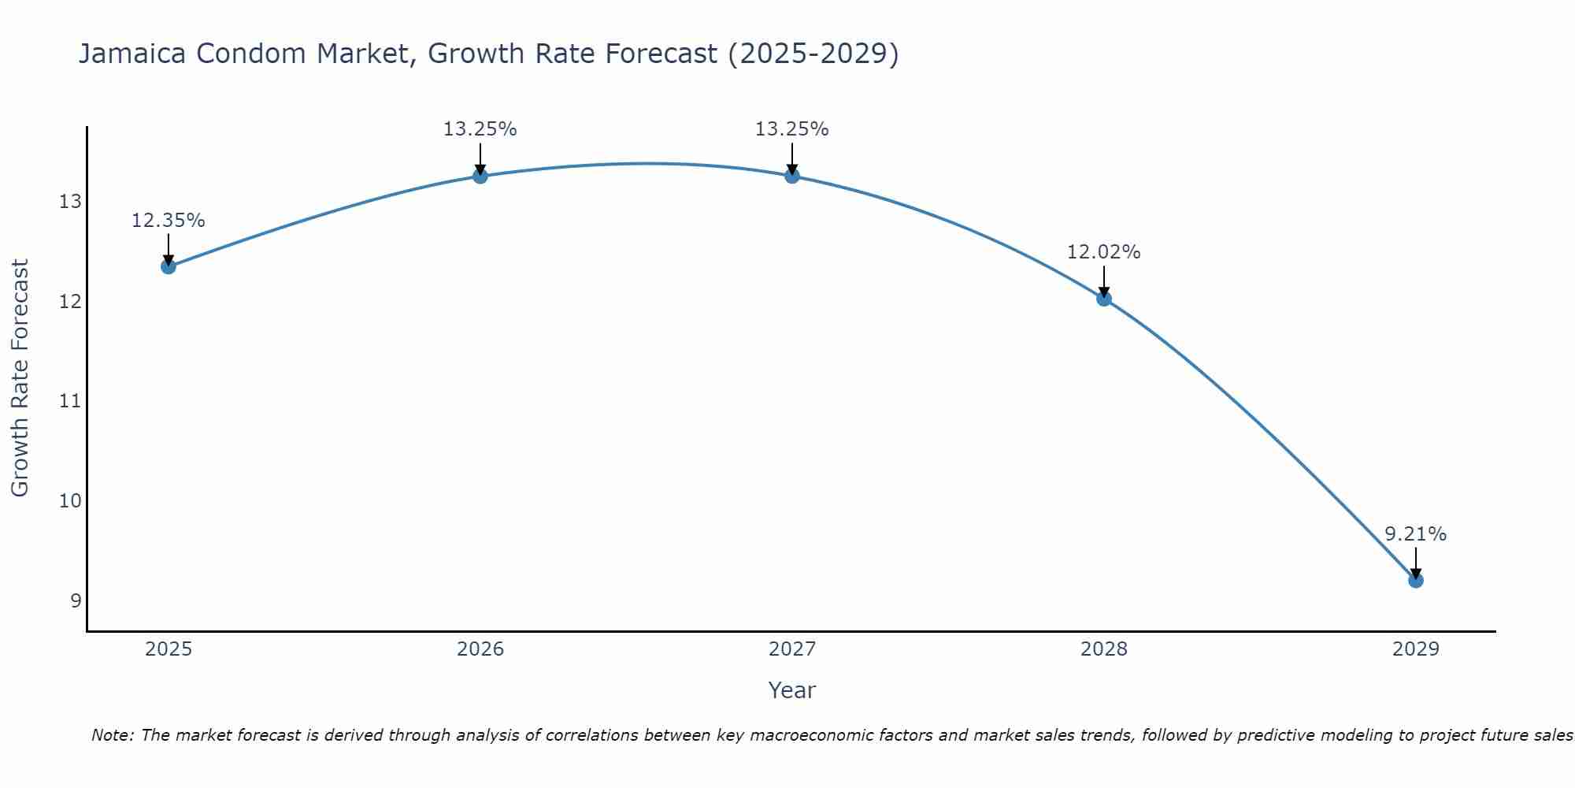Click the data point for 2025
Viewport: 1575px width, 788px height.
coord(168,266)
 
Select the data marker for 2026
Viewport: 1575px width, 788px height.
coord(480,176)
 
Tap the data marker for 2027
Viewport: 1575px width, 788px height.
coord(791,176)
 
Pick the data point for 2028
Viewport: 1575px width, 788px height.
coord(1103,299)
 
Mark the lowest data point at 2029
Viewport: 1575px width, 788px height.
coord(1415,581)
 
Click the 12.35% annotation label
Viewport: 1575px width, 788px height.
coord(168,221)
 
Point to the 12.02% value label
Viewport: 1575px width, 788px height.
coord(1103,252)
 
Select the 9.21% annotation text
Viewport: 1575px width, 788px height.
coord(1415,534)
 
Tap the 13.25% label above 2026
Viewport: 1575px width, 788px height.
coord(480,129)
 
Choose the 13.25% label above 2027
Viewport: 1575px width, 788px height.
coord(791,129)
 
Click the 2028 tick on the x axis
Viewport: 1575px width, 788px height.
coord(1103,649)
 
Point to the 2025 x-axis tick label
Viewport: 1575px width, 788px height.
coord(169,649)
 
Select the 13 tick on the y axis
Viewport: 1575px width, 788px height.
coord(70,202)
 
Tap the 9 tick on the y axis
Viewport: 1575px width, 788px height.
coord(76,601)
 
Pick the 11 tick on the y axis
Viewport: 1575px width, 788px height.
coord(70,401)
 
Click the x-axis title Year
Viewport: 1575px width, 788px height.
coord(791,690)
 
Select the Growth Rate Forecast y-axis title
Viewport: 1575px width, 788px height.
coord(20,378)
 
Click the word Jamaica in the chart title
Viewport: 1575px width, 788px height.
coord(132,54)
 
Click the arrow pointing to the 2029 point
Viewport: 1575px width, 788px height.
coord(1415,563)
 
